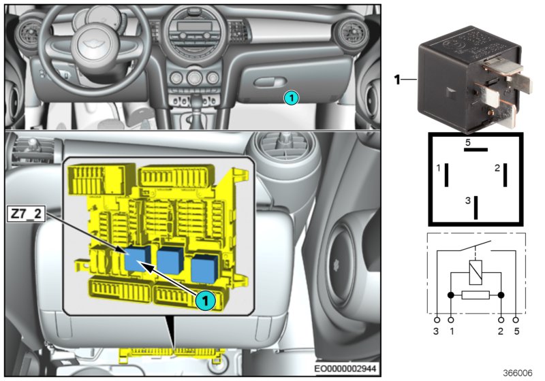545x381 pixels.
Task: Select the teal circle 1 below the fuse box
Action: point(204,298)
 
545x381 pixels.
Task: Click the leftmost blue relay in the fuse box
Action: point(138,258)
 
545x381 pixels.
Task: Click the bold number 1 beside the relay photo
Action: point(397,80)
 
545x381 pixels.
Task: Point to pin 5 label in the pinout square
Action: point(468,143)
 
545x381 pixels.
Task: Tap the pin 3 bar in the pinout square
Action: point(476,206)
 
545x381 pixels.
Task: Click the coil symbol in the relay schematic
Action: point(476,273)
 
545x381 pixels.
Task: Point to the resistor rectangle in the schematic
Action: point(476,295)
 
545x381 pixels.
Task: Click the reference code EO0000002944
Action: point(361,368)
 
